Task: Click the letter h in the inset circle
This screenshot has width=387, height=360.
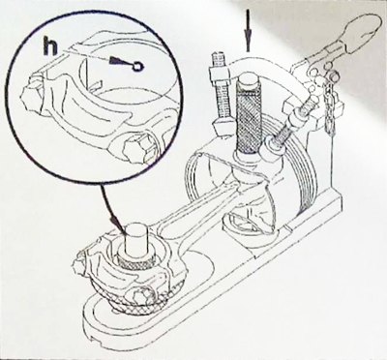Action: click(x=50, y=46)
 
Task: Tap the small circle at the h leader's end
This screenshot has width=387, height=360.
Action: click(x=137, y=67)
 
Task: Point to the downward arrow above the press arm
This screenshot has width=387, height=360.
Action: click(x=248, y=30)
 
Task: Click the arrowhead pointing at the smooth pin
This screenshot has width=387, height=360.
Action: click(x=116, y=224)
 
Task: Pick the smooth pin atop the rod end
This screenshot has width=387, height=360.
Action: click(x=135, y=239)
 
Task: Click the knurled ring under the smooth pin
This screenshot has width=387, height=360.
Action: click(x=135, y=260)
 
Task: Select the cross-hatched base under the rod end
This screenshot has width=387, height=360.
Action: click(x=135, y=298)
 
